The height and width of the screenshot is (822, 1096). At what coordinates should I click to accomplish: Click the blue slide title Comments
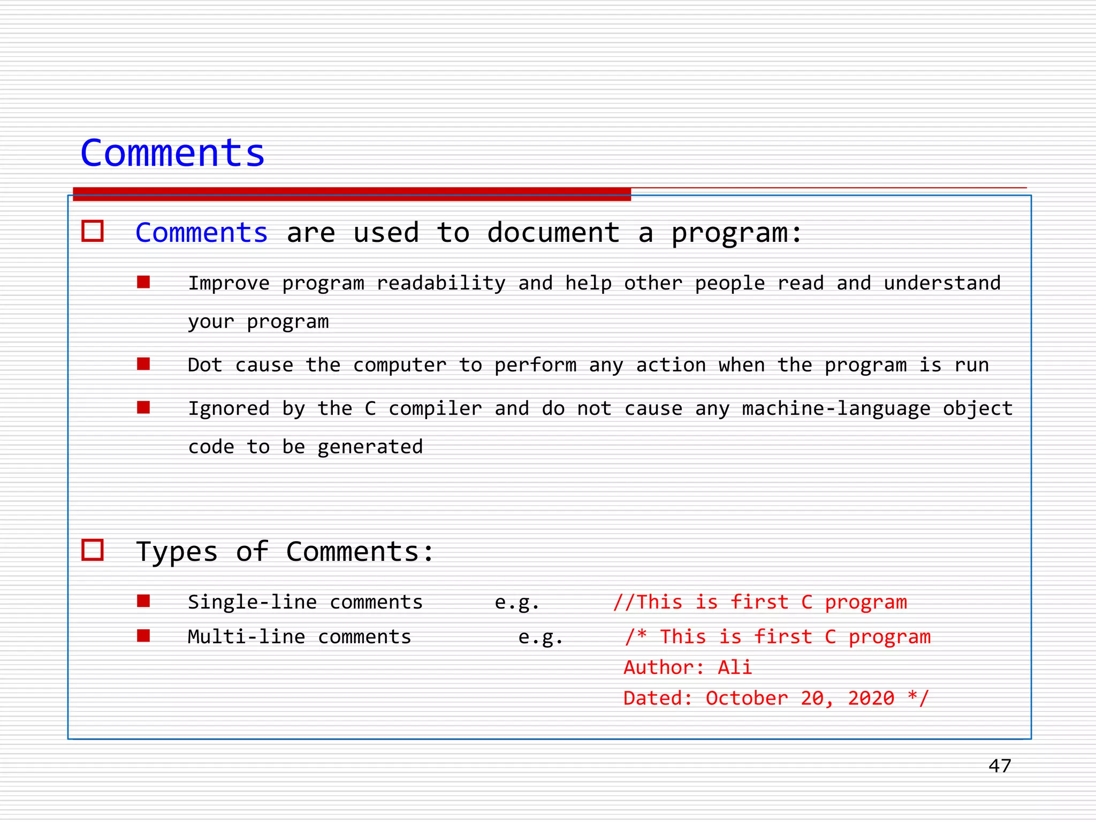coord(172,153)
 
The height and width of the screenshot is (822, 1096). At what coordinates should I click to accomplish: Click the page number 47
coord(1000,766)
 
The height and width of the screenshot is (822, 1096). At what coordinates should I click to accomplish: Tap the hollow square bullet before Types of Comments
coord(93,550)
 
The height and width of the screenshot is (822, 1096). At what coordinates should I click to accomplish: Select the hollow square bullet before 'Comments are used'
coord(93,231)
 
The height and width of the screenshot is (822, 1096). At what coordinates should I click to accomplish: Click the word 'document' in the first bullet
coord(553,233)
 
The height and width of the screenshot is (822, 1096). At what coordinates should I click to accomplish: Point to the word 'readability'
coord(440,283)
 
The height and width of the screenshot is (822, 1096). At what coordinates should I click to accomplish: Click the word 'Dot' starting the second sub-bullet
coord(205,365)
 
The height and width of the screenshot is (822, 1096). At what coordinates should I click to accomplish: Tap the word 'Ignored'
coord(229,408)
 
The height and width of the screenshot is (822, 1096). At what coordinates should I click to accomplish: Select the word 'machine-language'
coord(836,408)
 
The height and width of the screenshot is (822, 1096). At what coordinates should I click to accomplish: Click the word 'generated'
coord(370,447)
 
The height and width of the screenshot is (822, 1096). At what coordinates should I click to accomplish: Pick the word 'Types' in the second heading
coord(177,552)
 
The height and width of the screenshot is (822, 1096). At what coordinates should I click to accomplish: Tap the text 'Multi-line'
coord(246,637)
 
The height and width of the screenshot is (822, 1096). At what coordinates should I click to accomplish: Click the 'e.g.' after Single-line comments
coord(516,603)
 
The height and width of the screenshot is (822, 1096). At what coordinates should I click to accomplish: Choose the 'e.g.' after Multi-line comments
coord(541,637)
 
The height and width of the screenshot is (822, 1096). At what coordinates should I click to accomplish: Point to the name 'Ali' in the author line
coord(735,667)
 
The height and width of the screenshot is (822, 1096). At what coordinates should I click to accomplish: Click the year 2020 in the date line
coord(871,698)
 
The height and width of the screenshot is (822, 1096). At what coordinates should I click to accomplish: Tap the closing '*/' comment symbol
coord(918,698)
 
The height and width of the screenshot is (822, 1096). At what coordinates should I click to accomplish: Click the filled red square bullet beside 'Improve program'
coord(143,282)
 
